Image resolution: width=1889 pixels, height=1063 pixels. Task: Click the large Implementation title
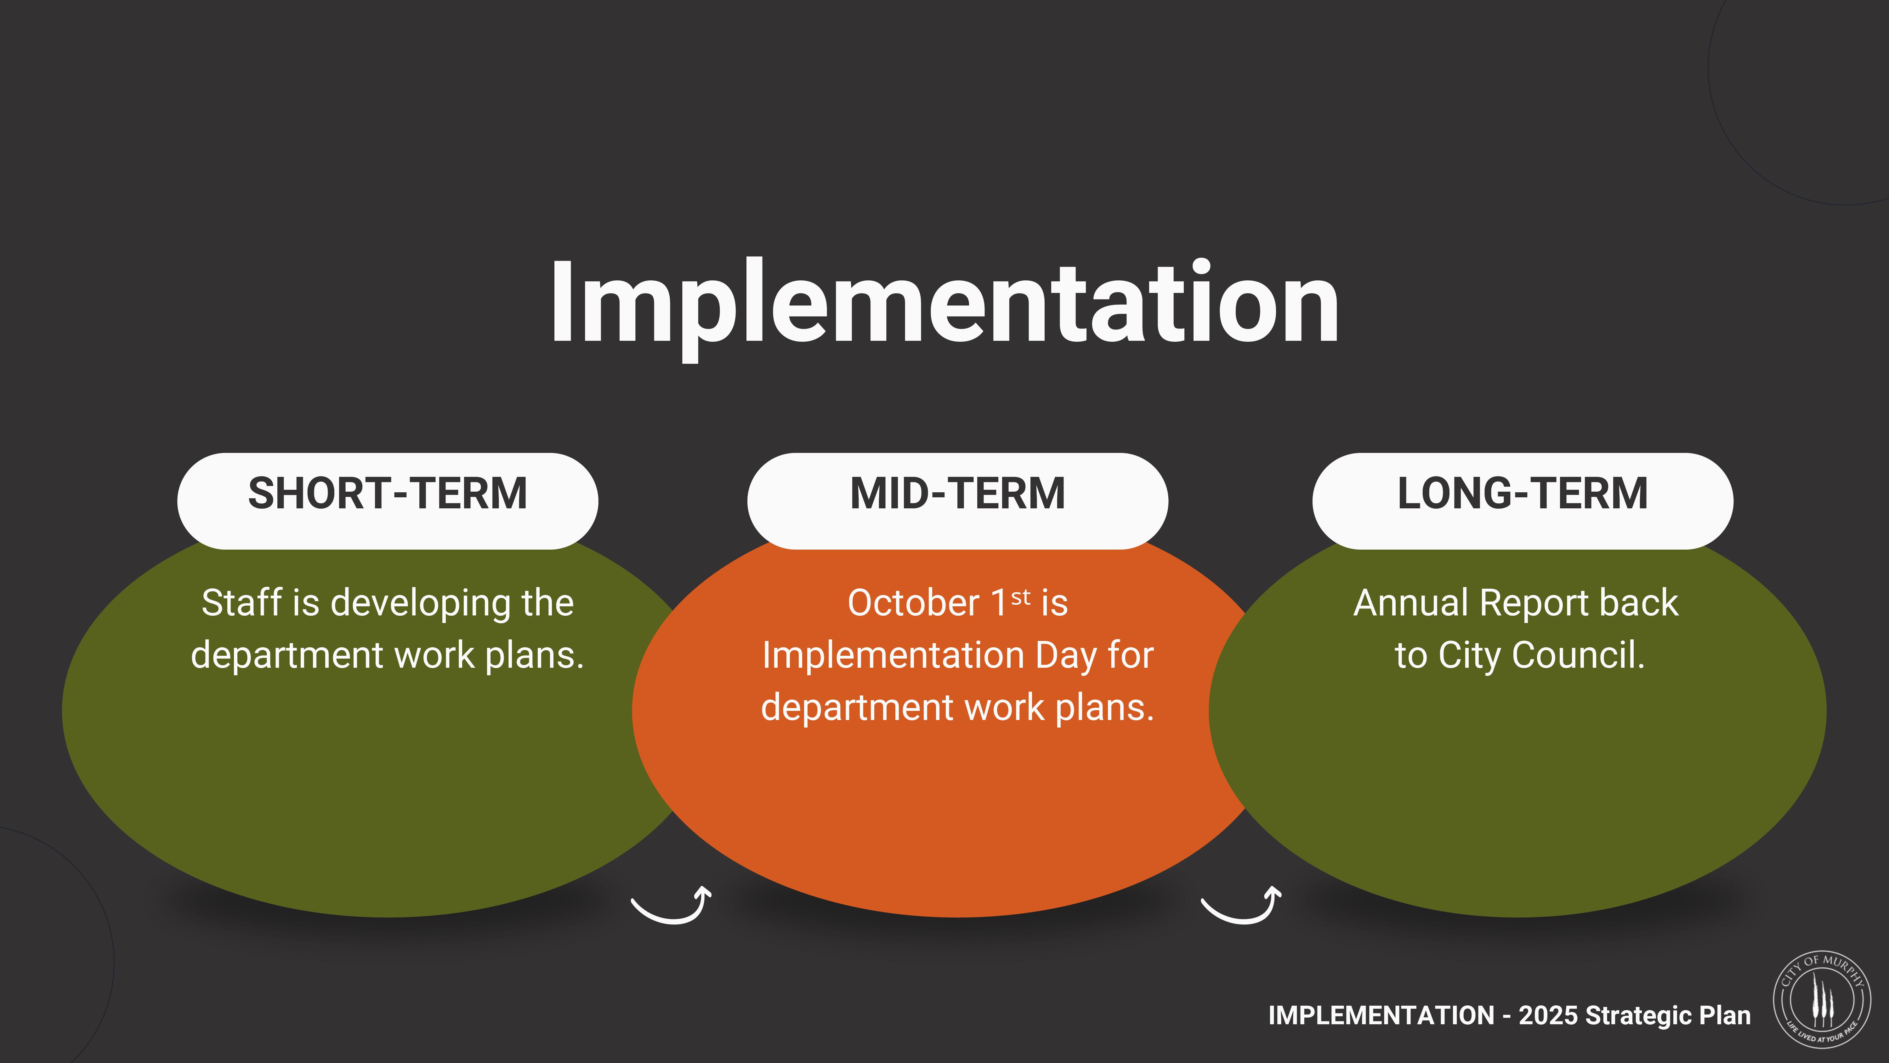(945, 305)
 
